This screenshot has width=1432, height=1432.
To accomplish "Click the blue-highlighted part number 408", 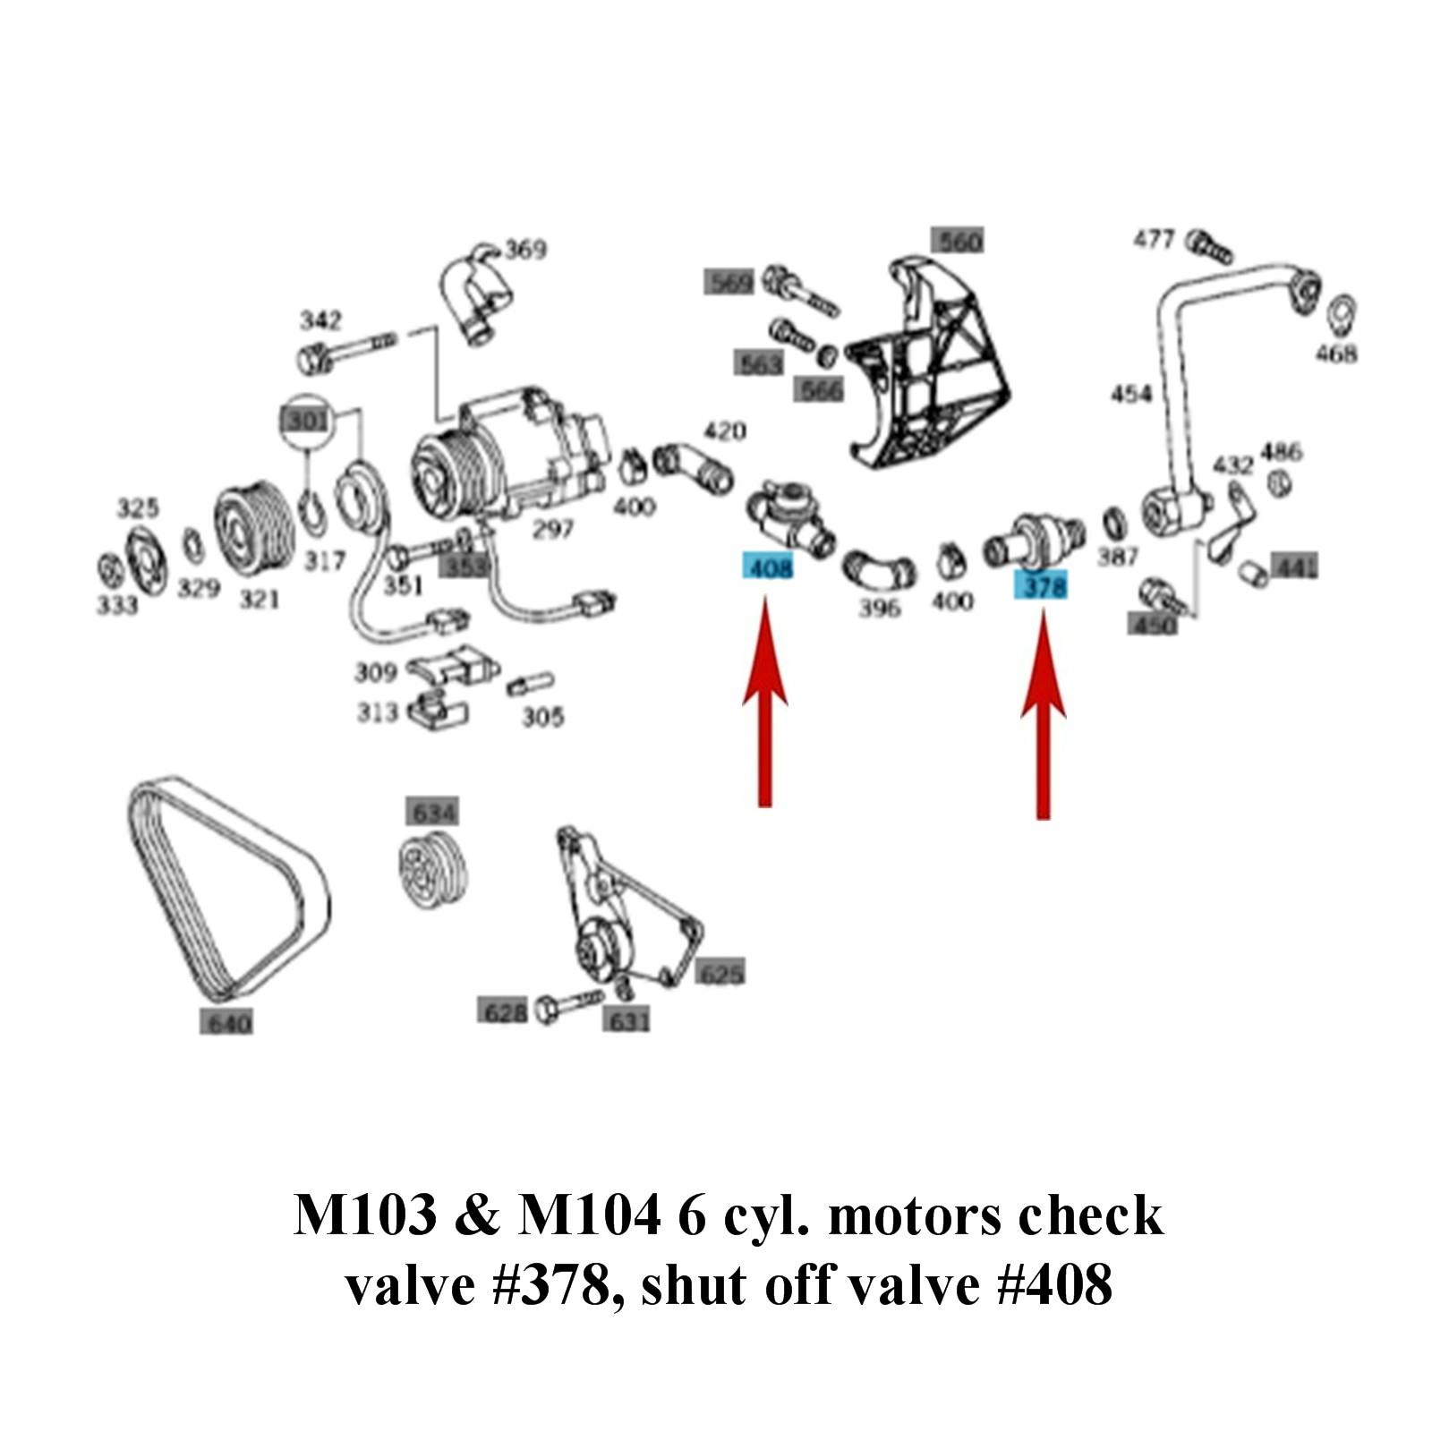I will click(x=768, y=567).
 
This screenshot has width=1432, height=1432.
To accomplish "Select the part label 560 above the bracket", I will click(x=957, y=242).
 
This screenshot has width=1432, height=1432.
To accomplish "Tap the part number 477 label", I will click(x=1154, y=240).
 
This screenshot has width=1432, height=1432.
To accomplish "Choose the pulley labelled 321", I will click(x=252, y=529).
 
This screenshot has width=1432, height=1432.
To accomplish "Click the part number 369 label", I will click(x=525, y=249).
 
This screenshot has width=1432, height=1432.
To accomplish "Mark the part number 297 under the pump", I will click(x=552, y=530).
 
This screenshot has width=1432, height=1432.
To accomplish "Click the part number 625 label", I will click(x=720, y=973).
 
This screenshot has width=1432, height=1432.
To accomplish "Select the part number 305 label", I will click(x=542, y=717).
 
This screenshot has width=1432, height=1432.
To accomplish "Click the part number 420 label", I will click(x=724, y=431).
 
